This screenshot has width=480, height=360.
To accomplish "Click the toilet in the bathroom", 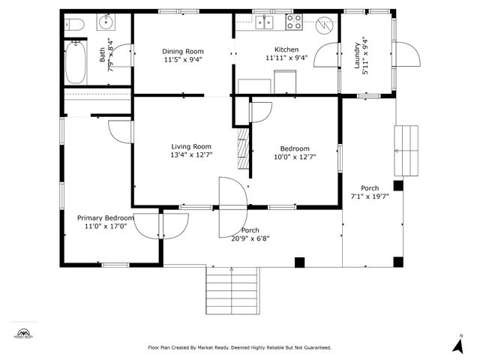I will point(76,25).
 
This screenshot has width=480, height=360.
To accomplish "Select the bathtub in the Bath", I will point(76,63).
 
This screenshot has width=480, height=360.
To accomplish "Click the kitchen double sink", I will point(263,22).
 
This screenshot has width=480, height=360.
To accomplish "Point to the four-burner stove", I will point(292,22).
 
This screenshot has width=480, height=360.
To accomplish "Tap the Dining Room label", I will point(183,51).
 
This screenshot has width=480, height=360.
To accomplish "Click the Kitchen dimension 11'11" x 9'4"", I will point(286,58).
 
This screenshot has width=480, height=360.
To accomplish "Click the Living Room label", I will point(191,146).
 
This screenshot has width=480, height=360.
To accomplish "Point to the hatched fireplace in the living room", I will point(242,150).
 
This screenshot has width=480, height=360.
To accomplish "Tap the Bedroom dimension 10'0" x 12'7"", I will point(295,157).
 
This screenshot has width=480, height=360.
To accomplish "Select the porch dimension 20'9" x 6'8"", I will point(250,238).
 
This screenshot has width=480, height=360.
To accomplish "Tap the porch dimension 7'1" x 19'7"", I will point(370,196).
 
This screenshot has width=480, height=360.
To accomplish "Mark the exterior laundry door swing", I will point(409,54).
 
